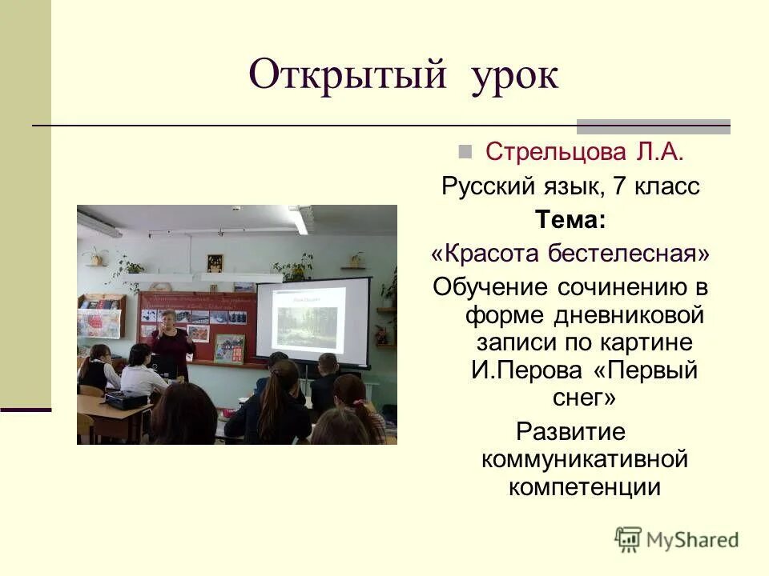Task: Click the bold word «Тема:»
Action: pos(570,219)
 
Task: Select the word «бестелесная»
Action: pos(629,253)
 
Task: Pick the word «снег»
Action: pos(570,398)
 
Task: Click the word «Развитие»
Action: pos(570,432)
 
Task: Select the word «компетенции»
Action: pos(584,487)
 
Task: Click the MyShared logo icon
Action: pos(628,539)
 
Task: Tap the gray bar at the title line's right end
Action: pos(653,126)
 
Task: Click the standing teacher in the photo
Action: pos(171,340)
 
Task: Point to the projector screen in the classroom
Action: pos(312,321)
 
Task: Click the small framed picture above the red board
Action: pos(215,263)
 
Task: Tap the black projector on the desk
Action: pos(126,399)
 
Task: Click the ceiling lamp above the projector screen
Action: pos(298,219)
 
